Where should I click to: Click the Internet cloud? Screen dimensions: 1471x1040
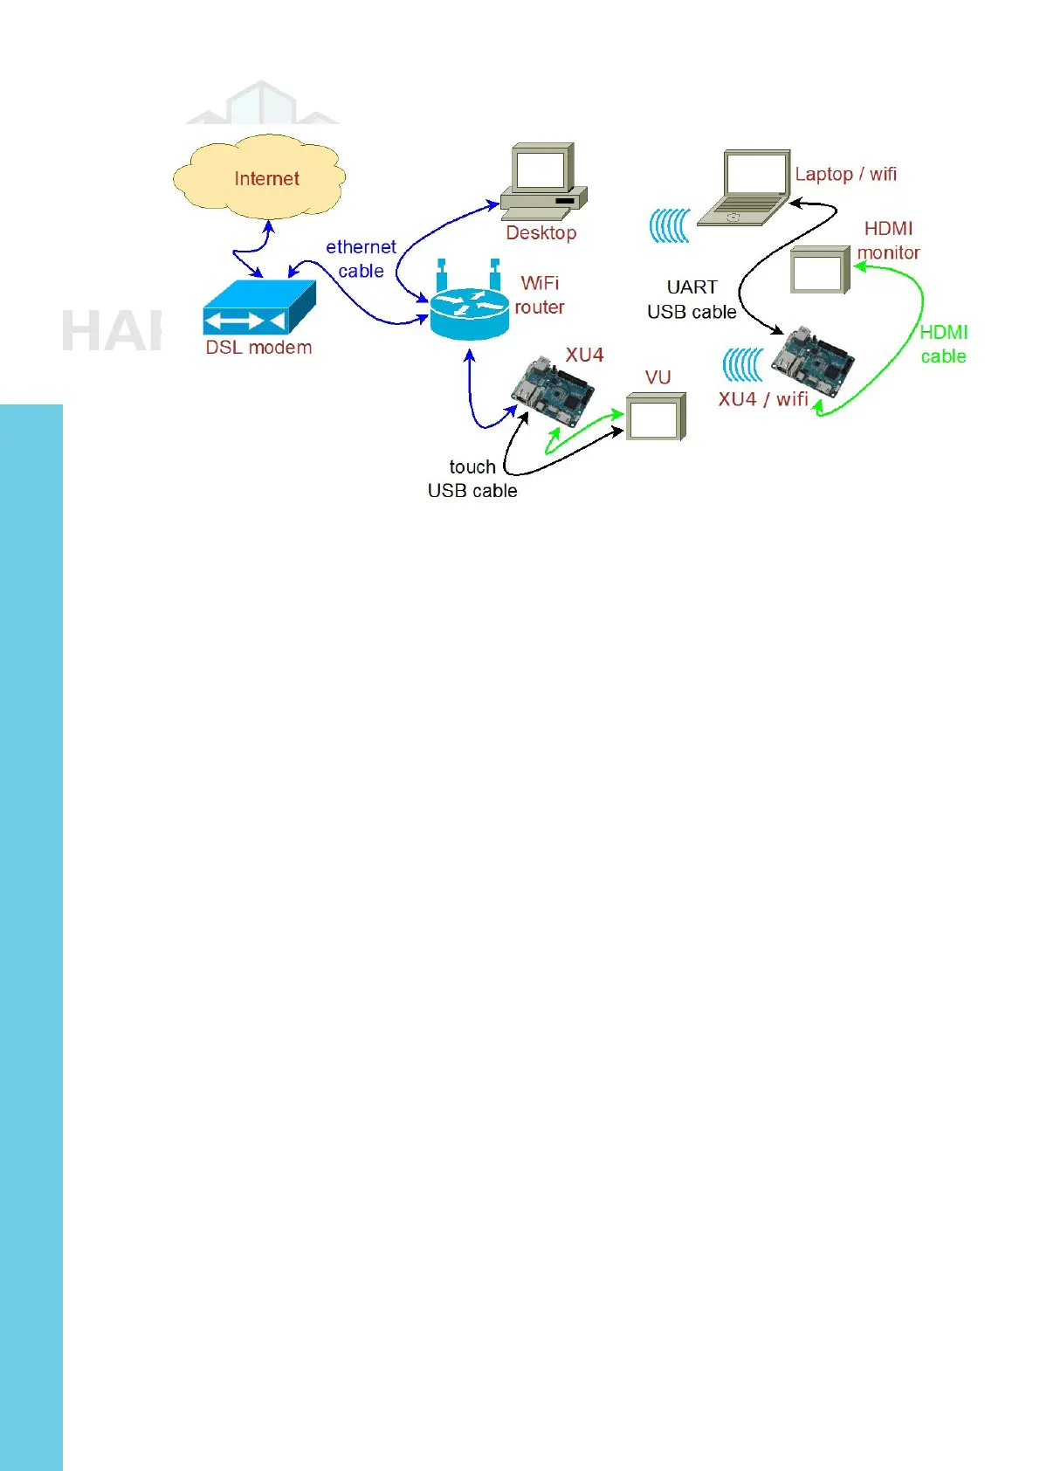(259, 178)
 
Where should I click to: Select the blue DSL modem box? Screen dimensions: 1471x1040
(258, 307)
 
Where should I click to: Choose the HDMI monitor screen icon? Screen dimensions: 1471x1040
(820, 270)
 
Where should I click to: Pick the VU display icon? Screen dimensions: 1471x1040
(656, 417)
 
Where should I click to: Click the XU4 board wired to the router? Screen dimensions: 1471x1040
(552, 391)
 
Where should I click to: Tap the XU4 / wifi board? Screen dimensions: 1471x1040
(811, 360)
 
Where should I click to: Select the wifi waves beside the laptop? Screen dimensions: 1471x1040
(670, 225)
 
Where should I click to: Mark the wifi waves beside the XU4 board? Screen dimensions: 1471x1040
(743, 365)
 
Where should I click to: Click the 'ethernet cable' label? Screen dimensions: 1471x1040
(361, 259)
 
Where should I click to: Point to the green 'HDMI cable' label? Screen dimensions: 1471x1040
(943, 344)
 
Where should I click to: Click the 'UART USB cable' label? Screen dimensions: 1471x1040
(692, 300)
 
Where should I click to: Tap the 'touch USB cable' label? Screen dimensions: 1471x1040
(472, 479)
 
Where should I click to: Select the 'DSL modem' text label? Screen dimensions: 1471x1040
(258, 348)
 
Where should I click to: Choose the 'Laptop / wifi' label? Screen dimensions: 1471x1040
(845, 174)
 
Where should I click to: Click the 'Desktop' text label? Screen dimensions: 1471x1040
(541, 233)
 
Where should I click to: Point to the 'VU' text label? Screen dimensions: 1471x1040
(658, 377)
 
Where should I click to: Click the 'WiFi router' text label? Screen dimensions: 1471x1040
(540, 295)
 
